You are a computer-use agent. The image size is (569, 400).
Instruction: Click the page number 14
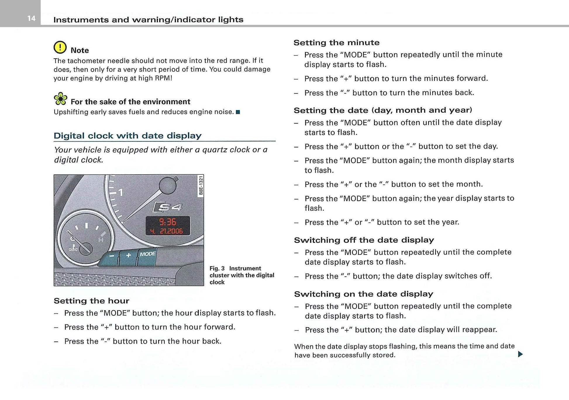point(31,19)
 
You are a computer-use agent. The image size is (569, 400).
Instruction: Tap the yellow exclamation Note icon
point(60,47)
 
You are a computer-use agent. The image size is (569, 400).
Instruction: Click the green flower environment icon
point(61,99)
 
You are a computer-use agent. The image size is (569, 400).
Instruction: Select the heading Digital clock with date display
point(127,136)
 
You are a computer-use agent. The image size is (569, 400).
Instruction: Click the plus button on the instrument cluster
point(128,255)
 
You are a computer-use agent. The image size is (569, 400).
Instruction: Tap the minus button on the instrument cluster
point(112,256)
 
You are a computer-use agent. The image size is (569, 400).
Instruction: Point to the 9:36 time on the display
point(168,222)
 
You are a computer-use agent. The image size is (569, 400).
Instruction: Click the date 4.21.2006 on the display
point(167,231)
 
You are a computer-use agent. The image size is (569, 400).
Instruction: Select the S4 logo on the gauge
point(168,207)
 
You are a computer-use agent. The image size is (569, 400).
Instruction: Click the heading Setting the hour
point(91,301)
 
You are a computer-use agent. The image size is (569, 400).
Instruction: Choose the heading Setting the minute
point(336,43)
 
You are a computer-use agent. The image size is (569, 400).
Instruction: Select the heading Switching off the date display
point(364,240)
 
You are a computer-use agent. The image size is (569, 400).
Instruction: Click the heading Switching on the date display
point(363,294)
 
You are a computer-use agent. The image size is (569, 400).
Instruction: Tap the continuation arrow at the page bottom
point(520,354)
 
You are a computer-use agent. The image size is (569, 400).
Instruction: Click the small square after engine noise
point(238,112)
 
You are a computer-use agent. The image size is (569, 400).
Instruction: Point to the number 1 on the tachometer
point(120,193)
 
